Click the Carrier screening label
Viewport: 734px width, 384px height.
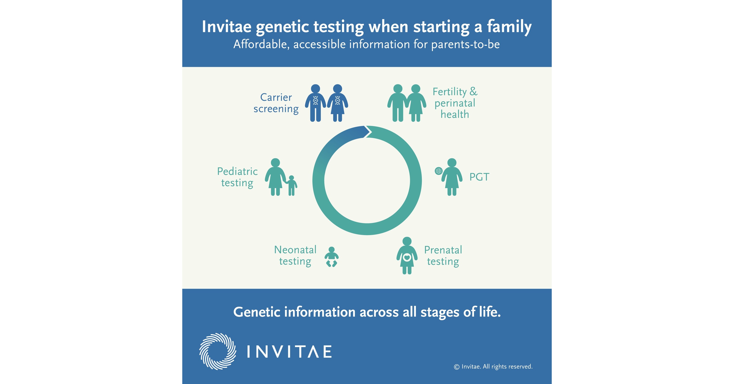(x=276, y=103)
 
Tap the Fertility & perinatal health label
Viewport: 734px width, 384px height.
(x=455, y=103)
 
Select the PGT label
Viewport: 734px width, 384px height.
(x=479, y=177)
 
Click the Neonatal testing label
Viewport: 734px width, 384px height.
(x=295, y=255)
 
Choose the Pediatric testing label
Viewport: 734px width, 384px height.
(x=237, y=177)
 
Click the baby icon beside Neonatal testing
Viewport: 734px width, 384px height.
(x=331, y=257)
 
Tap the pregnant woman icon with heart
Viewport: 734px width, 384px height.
(x=407, y=256)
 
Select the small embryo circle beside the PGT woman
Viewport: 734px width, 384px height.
(x=438, y=171)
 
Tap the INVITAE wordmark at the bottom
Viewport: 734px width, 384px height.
(x=289, y=352)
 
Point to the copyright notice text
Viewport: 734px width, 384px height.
(x=493, y=367)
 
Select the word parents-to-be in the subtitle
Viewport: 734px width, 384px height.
(x=465, y=44)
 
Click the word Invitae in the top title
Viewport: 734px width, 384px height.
(x=227, y=27)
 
